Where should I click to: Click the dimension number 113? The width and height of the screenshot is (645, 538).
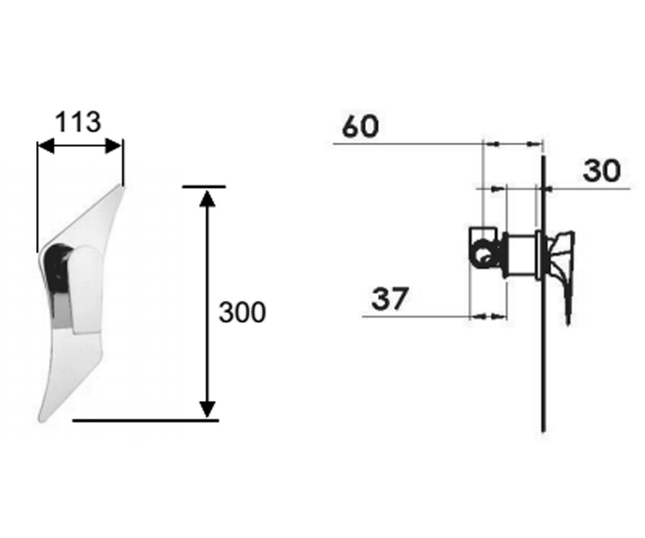78,122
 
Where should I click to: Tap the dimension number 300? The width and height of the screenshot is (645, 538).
242,312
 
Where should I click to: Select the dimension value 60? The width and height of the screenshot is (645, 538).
360,126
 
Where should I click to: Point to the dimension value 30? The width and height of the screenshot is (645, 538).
602,171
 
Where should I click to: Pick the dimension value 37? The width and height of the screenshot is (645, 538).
390,299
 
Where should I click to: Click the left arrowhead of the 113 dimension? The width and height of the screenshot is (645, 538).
46,146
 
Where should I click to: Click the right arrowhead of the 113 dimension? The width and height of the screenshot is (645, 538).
113,146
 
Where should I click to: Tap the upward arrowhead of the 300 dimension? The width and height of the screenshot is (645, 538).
207,199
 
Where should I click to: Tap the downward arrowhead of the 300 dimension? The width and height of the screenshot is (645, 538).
207,409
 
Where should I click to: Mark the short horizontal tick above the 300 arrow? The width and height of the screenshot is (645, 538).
204,187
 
